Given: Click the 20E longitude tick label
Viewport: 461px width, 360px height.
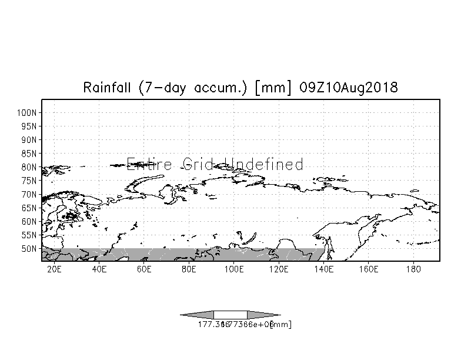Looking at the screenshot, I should pos(54,269).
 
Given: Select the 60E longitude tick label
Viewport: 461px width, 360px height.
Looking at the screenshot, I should pos(144,269).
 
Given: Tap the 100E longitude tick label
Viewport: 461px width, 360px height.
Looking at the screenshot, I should pos(233,269).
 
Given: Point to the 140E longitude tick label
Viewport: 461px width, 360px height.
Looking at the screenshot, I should pos(323,269).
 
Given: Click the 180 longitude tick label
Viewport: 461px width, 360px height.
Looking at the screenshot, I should pos(413,269).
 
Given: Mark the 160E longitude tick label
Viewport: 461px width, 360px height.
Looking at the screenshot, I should pos(368,269).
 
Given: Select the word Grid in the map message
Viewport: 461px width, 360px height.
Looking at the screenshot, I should pos(201,164).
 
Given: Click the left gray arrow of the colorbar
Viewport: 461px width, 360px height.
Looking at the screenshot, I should pos(197,315).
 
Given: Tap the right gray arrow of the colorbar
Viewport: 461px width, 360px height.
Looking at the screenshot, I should pos(264,315).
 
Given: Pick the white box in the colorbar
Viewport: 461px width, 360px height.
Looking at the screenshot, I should pos(230,315).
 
